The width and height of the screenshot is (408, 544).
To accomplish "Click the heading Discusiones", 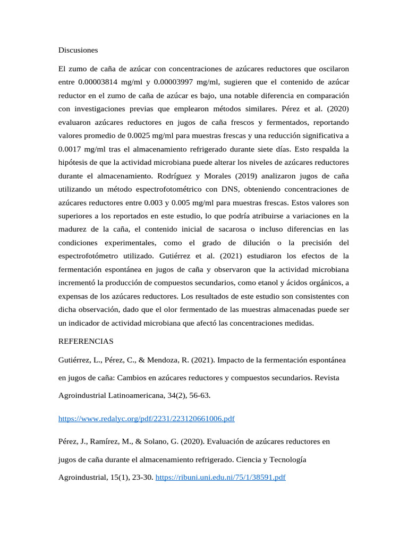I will point(78,50).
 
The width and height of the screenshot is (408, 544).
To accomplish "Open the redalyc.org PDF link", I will point(146,419).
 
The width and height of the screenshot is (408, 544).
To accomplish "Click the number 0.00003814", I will point(98,82).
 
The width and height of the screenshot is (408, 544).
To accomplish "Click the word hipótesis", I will point(74,162).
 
